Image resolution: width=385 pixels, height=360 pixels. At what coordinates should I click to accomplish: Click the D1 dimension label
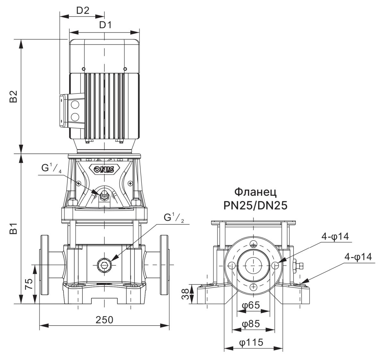[x=105, y=25]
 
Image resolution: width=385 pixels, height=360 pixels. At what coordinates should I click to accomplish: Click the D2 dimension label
[x=82, y=10]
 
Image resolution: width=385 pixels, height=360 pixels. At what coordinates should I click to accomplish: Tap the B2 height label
[x=13, y=97]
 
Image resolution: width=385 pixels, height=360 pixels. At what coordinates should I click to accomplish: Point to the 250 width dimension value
[x=104, y=320]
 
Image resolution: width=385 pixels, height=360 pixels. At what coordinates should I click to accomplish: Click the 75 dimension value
[x=29, y=284]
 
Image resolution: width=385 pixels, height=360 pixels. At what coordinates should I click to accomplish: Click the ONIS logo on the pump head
[x=104, y=169]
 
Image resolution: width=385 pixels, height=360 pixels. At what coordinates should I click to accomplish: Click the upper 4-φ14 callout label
[x=335, y=236]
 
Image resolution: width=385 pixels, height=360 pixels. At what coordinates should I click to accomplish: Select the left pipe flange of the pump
[x=44, y=265]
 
